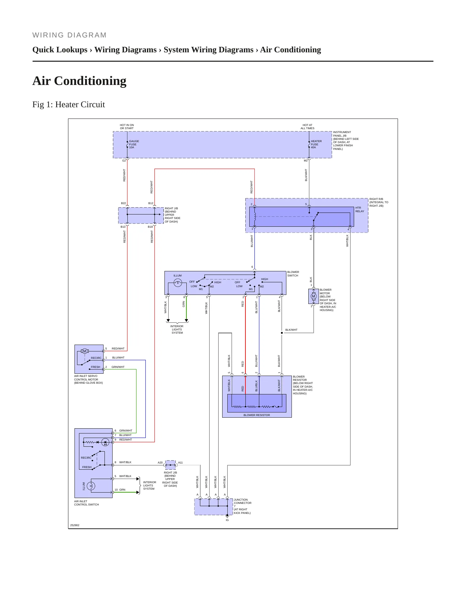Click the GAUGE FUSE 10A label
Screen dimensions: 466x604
134,144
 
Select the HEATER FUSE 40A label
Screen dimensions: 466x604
316,144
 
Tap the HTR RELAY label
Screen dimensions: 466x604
360,210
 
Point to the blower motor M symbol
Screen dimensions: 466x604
313,296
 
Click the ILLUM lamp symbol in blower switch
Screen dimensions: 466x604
178,283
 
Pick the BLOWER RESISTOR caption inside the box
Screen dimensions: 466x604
257,415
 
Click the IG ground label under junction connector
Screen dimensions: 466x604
227,520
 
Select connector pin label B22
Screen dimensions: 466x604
124,203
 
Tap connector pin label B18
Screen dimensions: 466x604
150,227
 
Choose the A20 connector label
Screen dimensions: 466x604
160,463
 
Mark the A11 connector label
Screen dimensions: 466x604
181,463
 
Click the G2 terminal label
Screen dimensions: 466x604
124,161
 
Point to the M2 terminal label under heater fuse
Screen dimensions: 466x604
306,161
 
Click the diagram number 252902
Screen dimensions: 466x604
75,525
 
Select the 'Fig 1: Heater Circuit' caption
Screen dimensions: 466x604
69,104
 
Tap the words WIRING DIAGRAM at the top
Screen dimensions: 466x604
69,35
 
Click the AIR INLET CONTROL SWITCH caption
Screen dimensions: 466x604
86,503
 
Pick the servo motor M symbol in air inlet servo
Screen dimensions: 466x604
85,351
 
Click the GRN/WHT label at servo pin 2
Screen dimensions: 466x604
118,367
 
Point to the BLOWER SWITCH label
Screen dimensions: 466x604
293,274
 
